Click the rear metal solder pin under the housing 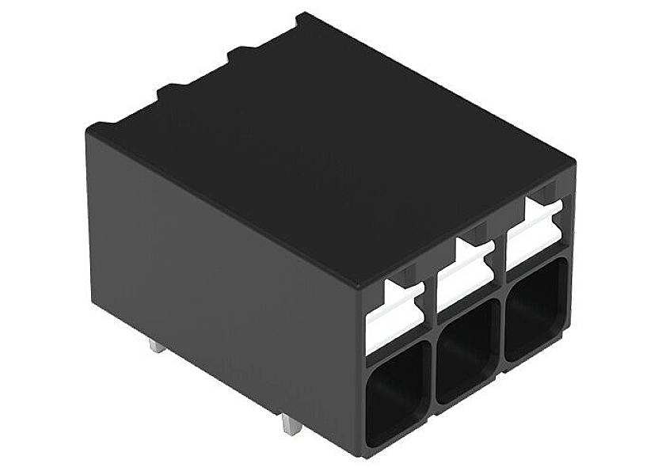point(157,346)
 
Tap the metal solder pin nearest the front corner point(291,426)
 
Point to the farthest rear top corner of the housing point(301,16)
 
